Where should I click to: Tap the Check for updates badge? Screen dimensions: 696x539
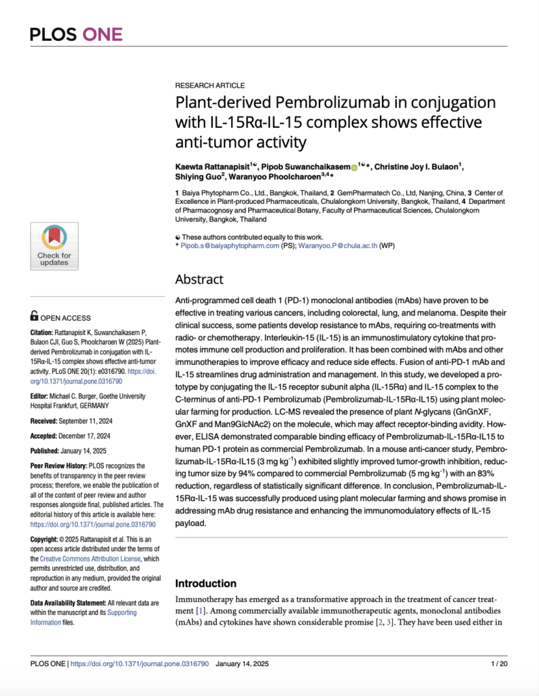click(54, 245)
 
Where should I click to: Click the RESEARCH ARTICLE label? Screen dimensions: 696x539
click(210, 86)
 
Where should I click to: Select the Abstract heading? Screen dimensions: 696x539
click(198, 279)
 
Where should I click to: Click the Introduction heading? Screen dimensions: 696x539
click(206, 583)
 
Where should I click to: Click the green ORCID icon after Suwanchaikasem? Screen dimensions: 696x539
click(354, 167)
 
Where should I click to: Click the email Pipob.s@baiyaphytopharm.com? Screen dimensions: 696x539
click(230, 245)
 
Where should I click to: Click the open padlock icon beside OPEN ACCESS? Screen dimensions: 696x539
click(34, 316)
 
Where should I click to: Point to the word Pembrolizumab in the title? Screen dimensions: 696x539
click(291, 103)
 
